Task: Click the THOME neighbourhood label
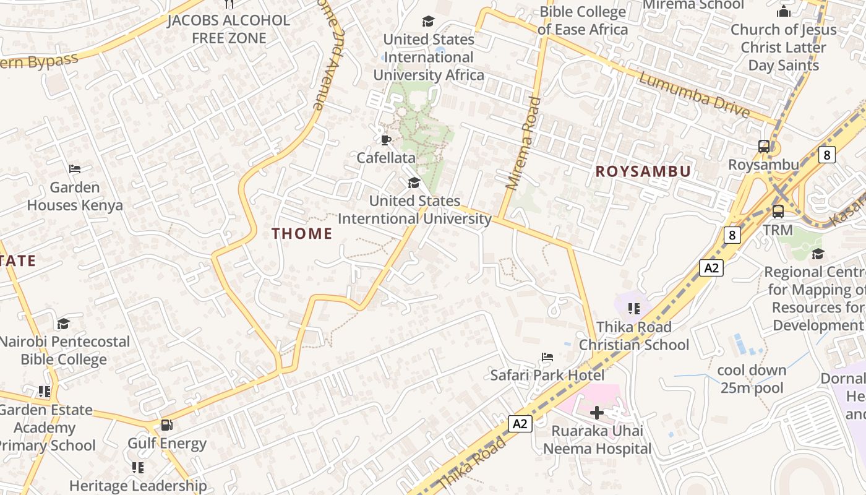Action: pos(302,233)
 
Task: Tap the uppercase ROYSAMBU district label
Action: pos(643,171)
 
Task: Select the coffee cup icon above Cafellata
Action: pos(385,140)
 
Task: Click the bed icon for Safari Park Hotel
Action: pos(547,357)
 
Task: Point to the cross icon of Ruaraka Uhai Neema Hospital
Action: pos(596,412)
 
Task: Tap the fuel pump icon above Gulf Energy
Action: pos(166,425)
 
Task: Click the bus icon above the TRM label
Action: pos(778,212)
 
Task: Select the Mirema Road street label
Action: pos(523,144)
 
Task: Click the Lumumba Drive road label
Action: pos(694,95)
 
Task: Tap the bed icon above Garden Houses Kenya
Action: pos(75,169)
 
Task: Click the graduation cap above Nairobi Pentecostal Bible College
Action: pos(63,324)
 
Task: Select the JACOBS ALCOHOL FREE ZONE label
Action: pos(228,29)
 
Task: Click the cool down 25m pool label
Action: pos(752,379)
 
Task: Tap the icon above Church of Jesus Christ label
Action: pos(783,11)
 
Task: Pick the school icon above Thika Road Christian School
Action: pos(633,308)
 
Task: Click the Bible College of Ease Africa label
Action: pos(583,20)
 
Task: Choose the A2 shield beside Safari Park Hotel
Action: pos(520,423)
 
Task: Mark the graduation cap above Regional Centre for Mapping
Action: pos(818,254)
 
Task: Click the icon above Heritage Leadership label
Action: pos(137,467)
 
